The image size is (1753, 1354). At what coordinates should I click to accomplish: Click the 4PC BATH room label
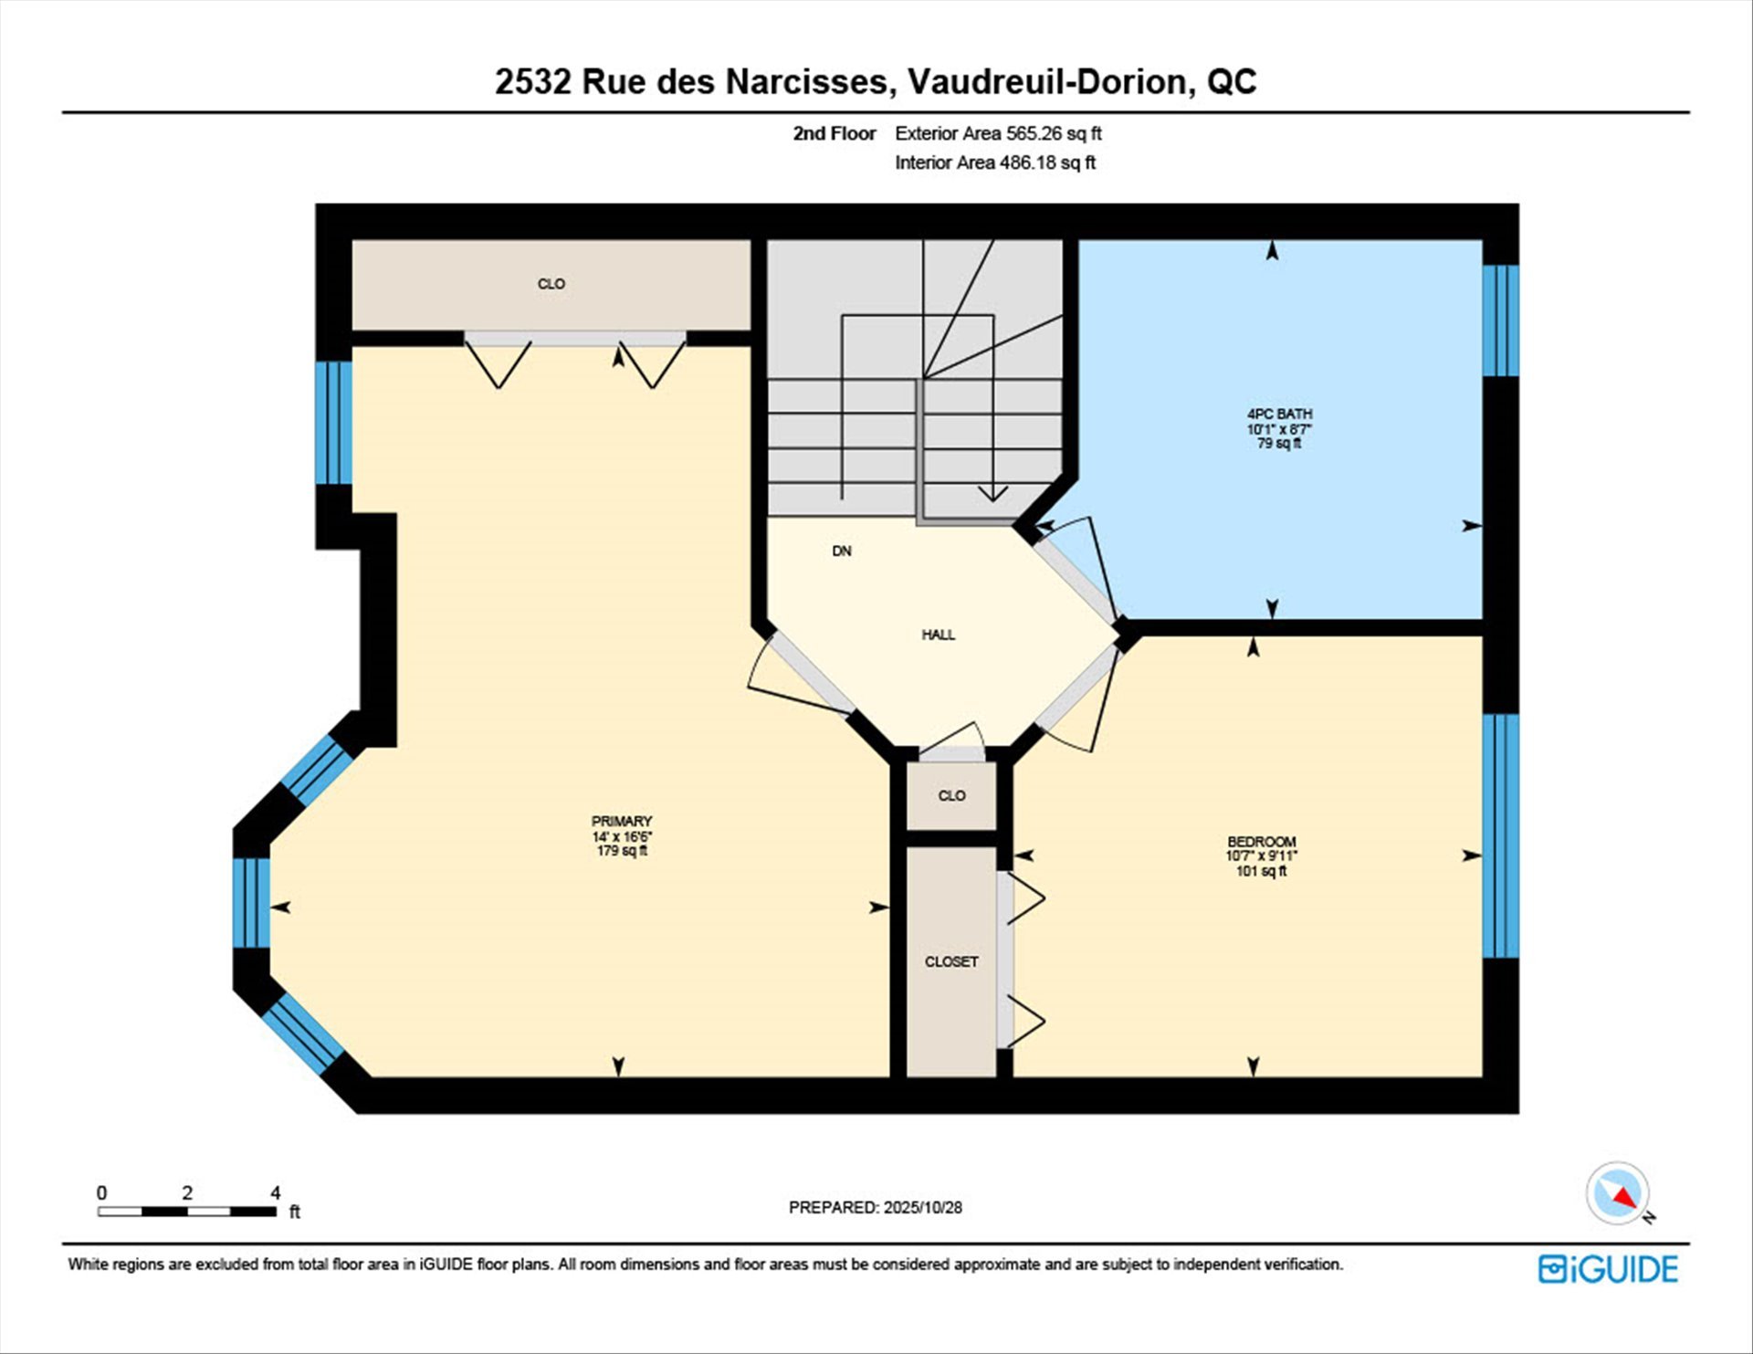click(1279, 428)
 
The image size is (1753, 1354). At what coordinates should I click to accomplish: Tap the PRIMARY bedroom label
click(622, 835)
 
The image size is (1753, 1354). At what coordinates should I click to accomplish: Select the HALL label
click(939, 635)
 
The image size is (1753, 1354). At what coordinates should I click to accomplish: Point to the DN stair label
click(842, 551)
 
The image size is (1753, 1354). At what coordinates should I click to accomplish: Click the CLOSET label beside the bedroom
click(951, 961)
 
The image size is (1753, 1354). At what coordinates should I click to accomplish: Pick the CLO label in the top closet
click(551, 284)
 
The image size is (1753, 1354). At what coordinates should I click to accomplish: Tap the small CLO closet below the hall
click(951, 795)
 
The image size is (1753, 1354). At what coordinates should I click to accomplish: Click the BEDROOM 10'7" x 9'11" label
click(1261, 855)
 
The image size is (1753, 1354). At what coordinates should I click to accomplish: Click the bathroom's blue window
click(1500, 320)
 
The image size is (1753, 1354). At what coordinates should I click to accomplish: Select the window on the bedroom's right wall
click(1500, 835)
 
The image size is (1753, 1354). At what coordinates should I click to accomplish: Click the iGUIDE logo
click(1608, 1269)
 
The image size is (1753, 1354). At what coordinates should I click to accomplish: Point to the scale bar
click(187, 1212)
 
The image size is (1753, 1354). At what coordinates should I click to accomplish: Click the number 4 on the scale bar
click(276, 1192)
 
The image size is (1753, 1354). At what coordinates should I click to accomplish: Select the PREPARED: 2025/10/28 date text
click(876, 1207)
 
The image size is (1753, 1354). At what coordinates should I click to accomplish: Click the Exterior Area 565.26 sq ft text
click(998, 133)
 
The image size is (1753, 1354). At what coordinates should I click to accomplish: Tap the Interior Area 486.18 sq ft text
click(995, 163)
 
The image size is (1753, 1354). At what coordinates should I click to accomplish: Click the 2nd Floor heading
click(835, 133)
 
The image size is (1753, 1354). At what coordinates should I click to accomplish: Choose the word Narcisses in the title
click(806, 82)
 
